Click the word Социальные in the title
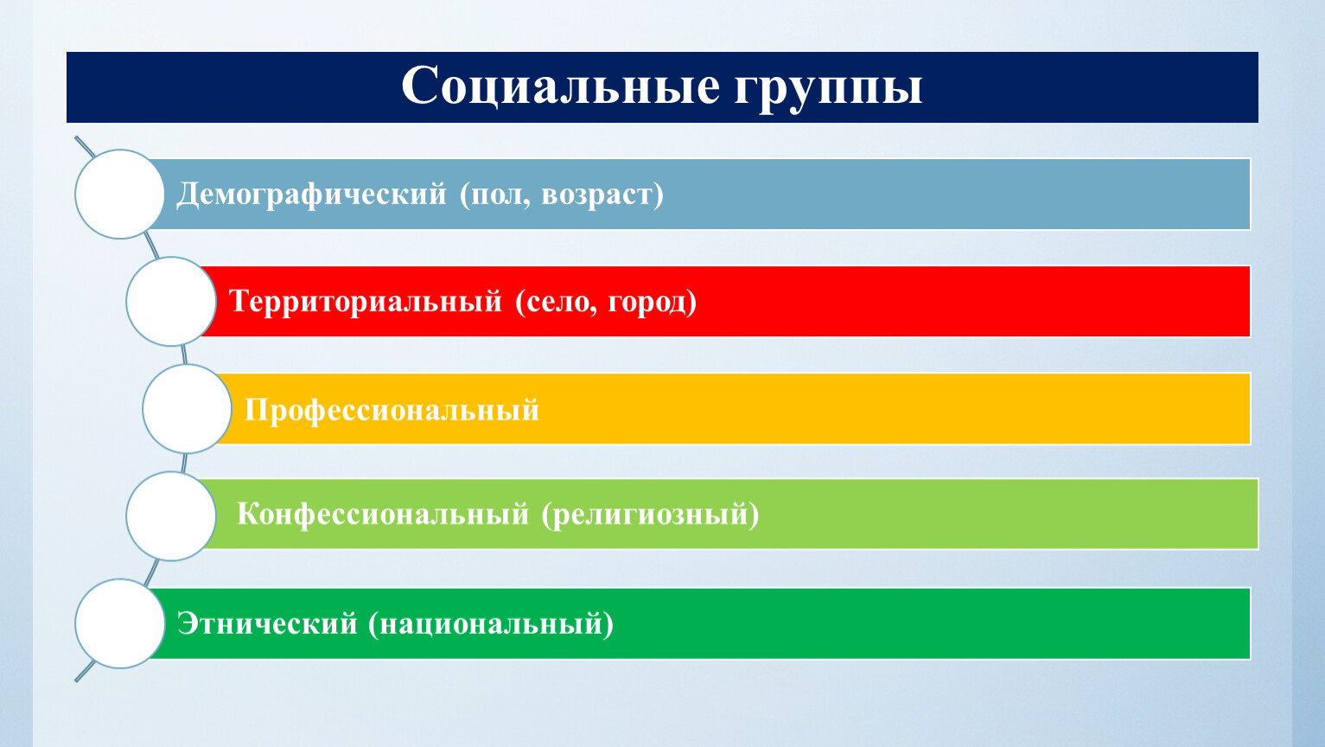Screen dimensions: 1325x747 click(x=560, y=86)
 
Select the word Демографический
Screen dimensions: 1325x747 click(x=311, y=195)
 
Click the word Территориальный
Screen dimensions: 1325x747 click(x=366, y=301)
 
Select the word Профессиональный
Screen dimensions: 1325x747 click(x=392, y=410)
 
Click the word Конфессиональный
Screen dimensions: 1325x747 click(x=383, y=514)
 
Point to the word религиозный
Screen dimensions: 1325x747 click(x=649, y=515)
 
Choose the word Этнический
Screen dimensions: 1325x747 click(x=267, y=623)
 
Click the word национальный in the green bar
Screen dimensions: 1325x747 click(x=491, y=624)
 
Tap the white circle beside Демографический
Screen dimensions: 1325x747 click(x=119, y=195)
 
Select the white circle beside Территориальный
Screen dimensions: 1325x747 click(x=171, y=301)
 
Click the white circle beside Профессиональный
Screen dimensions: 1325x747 click(x=187, y=409)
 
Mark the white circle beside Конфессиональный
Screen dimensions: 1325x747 click(x=171, y=516)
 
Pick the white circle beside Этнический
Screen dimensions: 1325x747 click(x=119, y=624)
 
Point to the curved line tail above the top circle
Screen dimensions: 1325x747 click(x=85, y=147)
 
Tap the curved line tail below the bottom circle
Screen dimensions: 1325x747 click(x=85, y=671)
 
